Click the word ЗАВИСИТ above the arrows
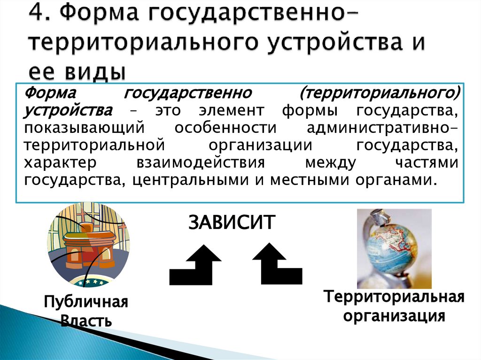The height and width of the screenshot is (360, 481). point(232,222)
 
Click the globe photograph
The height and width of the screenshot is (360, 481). point(394,249)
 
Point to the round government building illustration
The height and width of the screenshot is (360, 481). point(88,245)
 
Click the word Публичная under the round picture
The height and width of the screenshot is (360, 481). point(86,302)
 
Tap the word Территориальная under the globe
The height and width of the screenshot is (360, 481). point(393,297)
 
